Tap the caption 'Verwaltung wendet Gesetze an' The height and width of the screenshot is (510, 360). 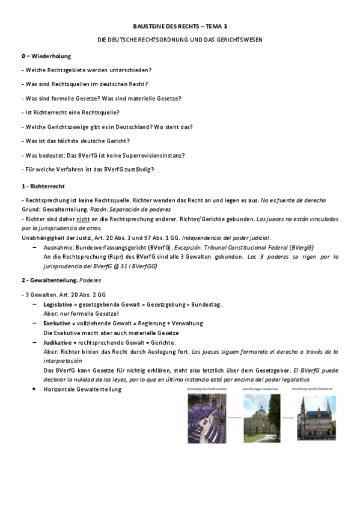point(317,390)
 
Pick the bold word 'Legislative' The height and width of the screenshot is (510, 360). point(58,304)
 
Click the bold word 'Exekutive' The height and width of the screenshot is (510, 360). point(56,323)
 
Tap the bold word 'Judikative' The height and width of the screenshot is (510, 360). point(58,342)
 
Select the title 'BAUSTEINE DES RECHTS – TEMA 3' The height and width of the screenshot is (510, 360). point(180,27)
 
